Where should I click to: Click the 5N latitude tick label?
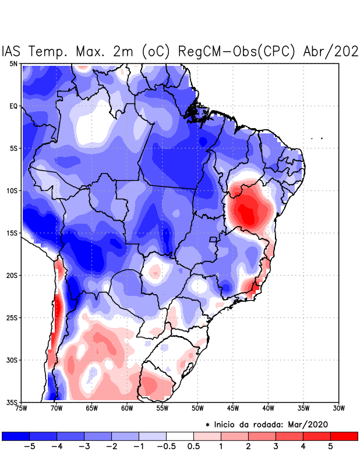pos(13,63)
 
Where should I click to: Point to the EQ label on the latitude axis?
pos(13,106)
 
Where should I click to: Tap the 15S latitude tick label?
pos(12,233)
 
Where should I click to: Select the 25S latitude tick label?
pos(12,317)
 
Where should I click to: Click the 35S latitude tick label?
pos(12,403)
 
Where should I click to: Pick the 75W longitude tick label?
pos(22,408)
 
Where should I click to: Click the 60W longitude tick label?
pos(127,408)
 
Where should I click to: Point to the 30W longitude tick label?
pos(338,408)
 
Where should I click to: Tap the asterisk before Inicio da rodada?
pos(207,425)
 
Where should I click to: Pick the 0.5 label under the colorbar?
pos(193,447)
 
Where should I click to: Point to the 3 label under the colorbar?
pos(276,447)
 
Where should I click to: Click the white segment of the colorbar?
pos(180,436)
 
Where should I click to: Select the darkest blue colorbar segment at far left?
pos(16,436)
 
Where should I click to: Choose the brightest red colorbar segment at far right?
pos(344,436)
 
